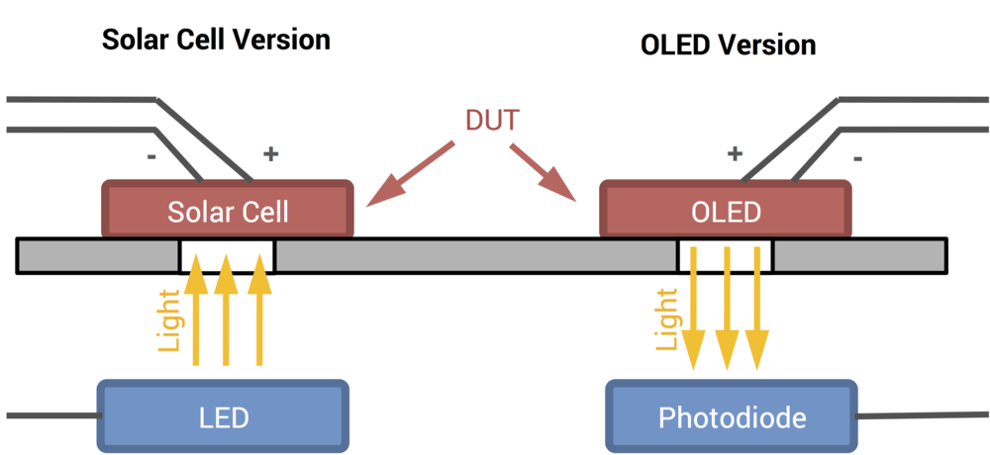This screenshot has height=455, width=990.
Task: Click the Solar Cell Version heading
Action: tap(215, 41)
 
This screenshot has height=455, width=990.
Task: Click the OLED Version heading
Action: tap(729, 45)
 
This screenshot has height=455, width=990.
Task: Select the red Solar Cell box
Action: tap(228, 211)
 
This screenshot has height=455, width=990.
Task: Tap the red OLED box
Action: tap(726, 211)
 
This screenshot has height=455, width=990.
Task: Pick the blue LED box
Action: tap(223, 416)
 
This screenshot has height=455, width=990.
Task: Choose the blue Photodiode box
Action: tap(732, 416)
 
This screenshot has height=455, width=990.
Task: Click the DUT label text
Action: tap(492, 121)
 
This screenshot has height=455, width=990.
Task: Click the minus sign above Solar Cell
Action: tap(150, 155)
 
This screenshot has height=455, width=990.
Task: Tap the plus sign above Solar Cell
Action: tap(269, 154)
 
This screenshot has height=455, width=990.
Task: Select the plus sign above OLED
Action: tap(735, 153)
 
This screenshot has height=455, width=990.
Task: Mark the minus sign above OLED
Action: tap(857, 156)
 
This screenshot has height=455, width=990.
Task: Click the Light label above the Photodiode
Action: tap(669, 318)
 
